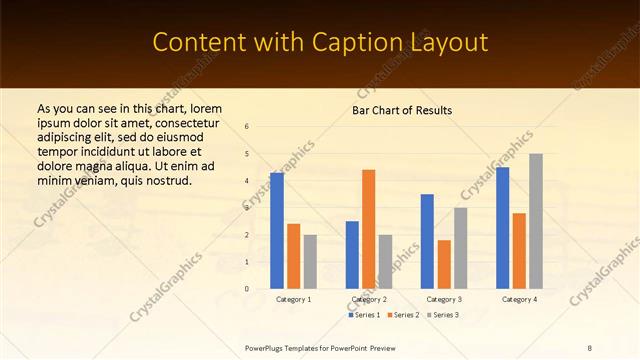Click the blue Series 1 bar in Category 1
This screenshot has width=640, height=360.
pyautogui.click(x=277, y=231)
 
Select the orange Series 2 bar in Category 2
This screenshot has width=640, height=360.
pyautogui.click(x=368, y=229)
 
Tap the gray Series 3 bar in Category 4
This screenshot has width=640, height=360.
pyautogui.click(x=536, y=221)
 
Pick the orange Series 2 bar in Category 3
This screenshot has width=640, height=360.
pyautogui.click(x=444, y=264)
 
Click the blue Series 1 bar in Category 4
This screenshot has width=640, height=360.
pyautogui.click(x=502, y=228)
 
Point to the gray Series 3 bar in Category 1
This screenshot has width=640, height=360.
pyautogui.click(x=310, y=262)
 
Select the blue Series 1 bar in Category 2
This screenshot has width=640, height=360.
pyautogui.click(x=352, y=255)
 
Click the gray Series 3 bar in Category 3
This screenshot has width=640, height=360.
pyautogui.click(x=460, y=248)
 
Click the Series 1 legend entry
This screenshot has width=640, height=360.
pyautogui.click(x=364, y=315)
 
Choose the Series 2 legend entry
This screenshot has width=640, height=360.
pyautogui.click(x=404, y=315)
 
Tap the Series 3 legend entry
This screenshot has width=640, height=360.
pyautogui.click(x=444, y=315)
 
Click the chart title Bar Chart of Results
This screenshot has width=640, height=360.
pyautogui.click(x=402, y=109)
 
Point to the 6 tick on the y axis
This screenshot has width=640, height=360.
pyautogui.click(x=247, y=126)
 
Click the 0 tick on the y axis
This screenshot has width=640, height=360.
pyautogui.click(x=247, y=289)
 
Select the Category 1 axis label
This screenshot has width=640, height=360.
pyautogui.click(x=293, y=299)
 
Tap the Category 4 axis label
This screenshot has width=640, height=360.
pyautogui.click(x=518, y=299)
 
